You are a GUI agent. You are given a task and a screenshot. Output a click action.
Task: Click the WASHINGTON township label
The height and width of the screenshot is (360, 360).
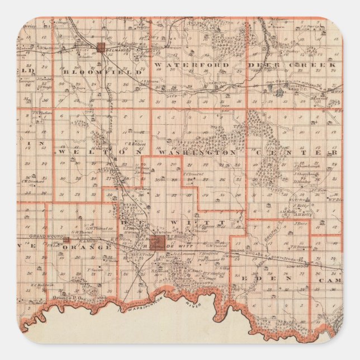(x=197, y=152)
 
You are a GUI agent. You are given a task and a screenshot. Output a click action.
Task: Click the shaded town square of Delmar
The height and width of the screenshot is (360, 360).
(x=101, y=48)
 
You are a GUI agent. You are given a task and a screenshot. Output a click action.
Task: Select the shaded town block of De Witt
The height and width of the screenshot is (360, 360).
(x=160, y=241)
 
